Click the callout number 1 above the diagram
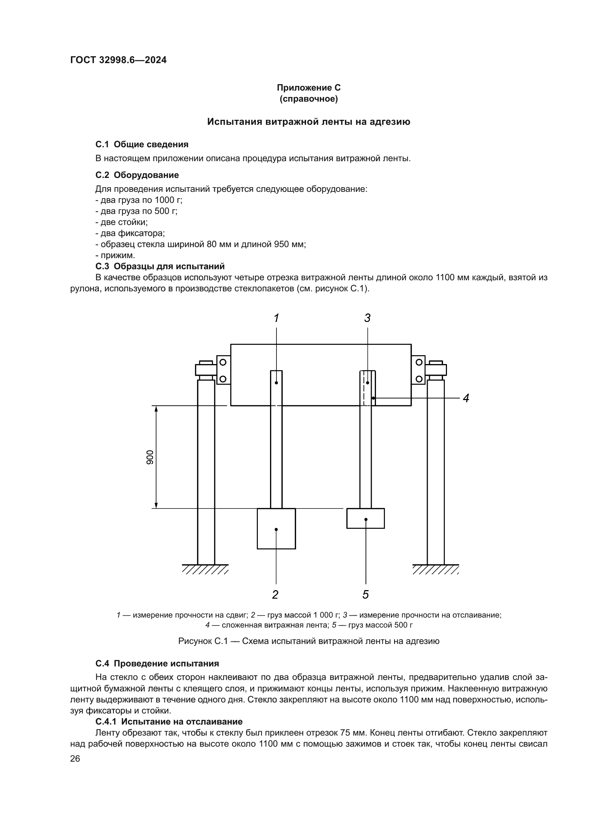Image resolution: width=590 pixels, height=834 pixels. click(x=276, y=318)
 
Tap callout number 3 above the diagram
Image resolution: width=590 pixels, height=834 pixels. click(x=367, y=318)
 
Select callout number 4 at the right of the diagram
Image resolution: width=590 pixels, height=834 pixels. click(x=466, y=398)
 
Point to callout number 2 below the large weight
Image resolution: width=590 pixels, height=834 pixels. click(x=275, y=594)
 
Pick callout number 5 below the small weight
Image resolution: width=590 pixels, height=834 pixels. click(x=366, y=594)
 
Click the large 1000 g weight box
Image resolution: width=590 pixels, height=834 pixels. click(x=276, y=528)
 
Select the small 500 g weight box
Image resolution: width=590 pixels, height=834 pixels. click(x=366, y=518)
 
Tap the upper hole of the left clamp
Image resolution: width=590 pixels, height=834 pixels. click(x=223, y=362)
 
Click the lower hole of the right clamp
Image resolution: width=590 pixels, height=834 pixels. click(x=419, y=379)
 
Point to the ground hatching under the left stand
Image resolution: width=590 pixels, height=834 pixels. click(x=205, y=569)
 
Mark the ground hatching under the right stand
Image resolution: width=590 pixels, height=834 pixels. click(x=436, y=569)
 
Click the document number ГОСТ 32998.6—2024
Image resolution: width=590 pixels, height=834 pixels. click(x=118, y=60)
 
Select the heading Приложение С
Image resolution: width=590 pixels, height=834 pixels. click(x=309, y=88)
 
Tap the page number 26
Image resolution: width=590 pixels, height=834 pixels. click(x=75, y=758)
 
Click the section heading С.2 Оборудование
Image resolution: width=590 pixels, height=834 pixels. click(x=137, y=175)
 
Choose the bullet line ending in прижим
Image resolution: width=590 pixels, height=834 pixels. click(x=115, y=255)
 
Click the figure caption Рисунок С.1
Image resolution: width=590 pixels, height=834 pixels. click(x=309, y=641)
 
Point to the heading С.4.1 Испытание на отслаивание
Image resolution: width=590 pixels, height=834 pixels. click(x=169, y=721)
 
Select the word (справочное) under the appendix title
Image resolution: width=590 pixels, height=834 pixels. click(x=309, y=99)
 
